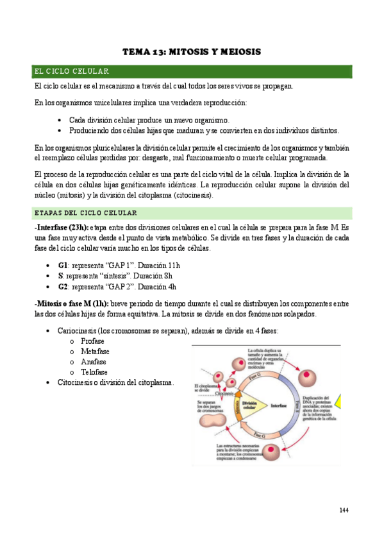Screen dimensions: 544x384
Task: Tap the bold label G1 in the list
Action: click(x=63, y=265)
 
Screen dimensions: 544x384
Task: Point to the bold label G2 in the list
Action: click(x=63, y=286)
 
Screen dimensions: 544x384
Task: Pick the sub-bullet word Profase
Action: click(x=94, y=341)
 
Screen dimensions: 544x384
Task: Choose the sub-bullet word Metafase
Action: click(x=96, y=352)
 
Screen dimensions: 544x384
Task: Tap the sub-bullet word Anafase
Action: click(x=94, y=362)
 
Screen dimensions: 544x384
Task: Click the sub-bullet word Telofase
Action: click(x=95, y=372)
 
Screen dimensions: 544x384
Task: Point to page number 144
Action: click(x=344, y=510)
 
